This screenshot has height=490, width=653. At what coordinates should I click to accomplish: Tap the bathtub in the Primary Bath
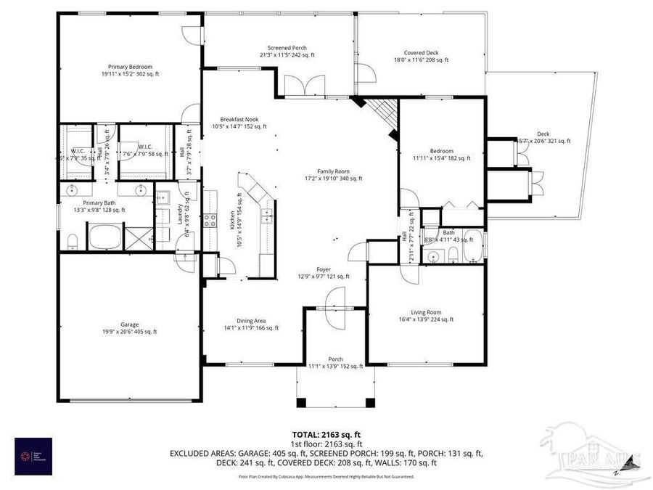click(106, 237)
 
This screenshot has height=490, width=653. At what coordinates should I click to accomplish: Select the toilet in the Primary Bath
click(73, 241)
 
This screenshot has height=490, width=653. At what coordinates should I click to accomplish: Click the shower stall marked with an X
click(139, 237)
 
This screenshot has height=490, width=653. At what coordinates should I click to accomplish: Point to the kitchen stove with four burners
click(210, 220)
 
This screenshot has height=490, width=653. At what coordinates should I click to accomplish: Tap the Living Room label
click(425, 315)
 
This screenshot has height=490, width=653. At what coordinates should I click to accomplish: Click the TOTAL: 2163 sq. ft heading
click(326, 434)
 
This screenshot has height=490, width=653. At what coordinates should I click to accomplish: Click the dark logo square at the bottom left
click(33, 456)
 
